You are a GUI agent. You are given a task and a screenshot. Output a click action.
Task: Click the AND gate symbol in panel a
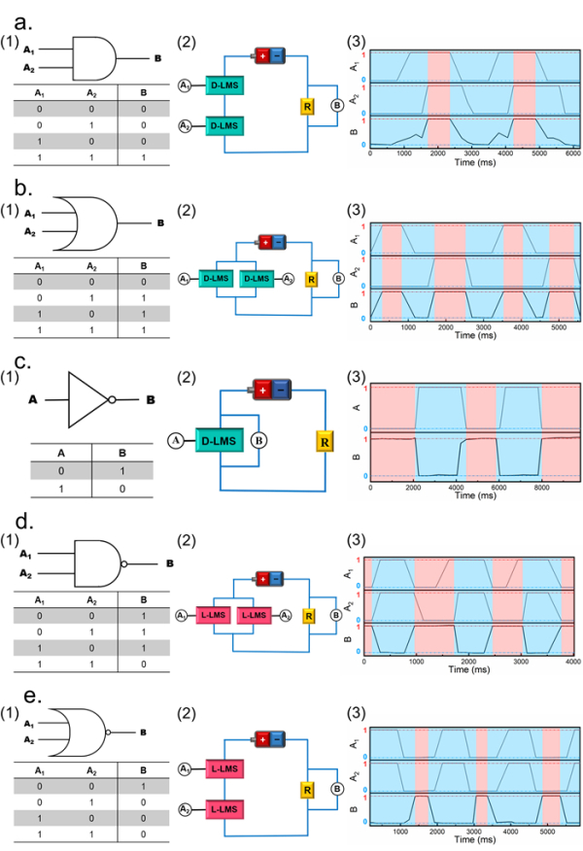tap(94, 59)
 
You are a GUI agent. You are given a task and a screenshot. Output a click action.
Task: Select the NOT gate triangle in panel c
tap(88, 398)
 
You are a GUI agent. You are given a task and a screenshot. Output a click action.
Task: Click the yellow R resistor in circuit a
tap(307, 107)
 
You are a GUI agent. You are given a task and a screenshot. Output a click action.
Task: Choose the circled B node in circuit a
tap(336, 106)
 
